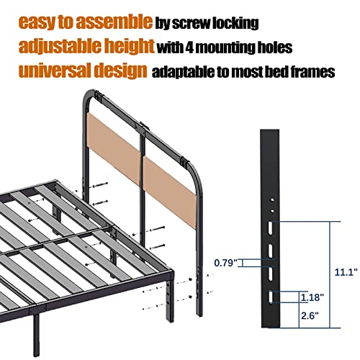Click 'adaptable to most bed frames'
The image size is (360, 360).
[x=242, y=73]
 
